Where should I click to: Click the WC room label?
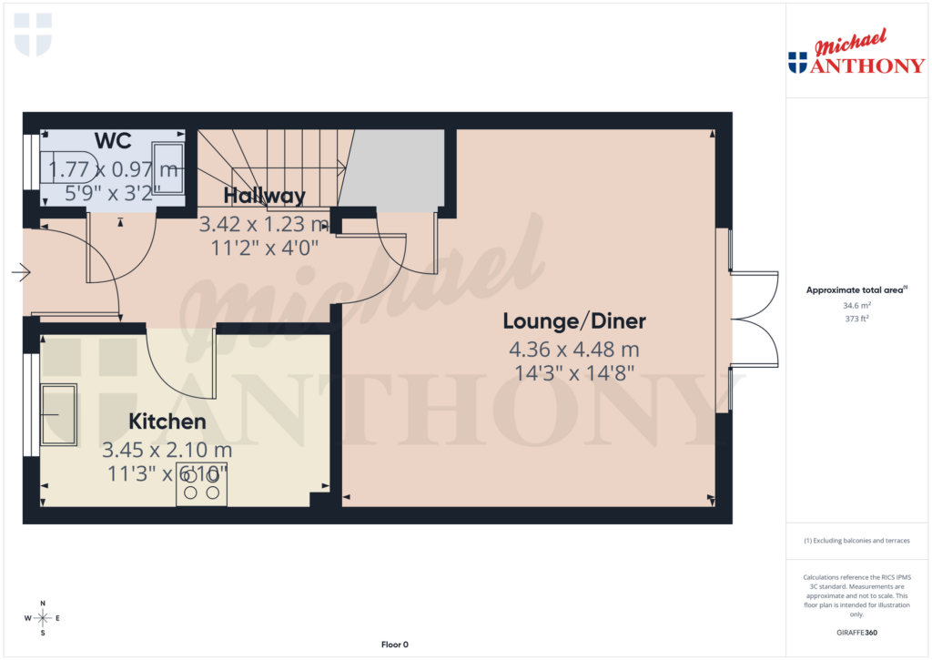coord(113,141)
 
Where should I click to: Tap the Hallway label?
coord(264,196)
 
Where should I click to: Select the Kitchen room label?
coord(167,422)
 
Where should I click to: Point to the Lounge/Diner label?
coord(574,321)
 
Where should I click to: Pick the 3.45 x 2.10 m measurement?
coord(167,450)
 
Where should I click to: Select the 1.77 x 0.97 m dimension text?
coord(113,168)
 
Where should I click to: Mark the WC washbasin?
coord(168,168)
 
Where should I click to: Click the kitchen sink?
coord(58,415)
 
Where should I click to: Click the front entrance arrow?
coord(22,272)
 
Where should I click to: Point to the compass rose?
coord(43,618)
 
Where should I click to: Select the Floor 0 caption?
coord(394,645)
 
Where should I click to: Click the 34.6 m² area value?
coord(856,306)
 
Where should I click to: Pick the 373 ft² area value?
coord(856,319)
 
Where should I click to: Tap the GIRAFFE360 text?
coord(856,632)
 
